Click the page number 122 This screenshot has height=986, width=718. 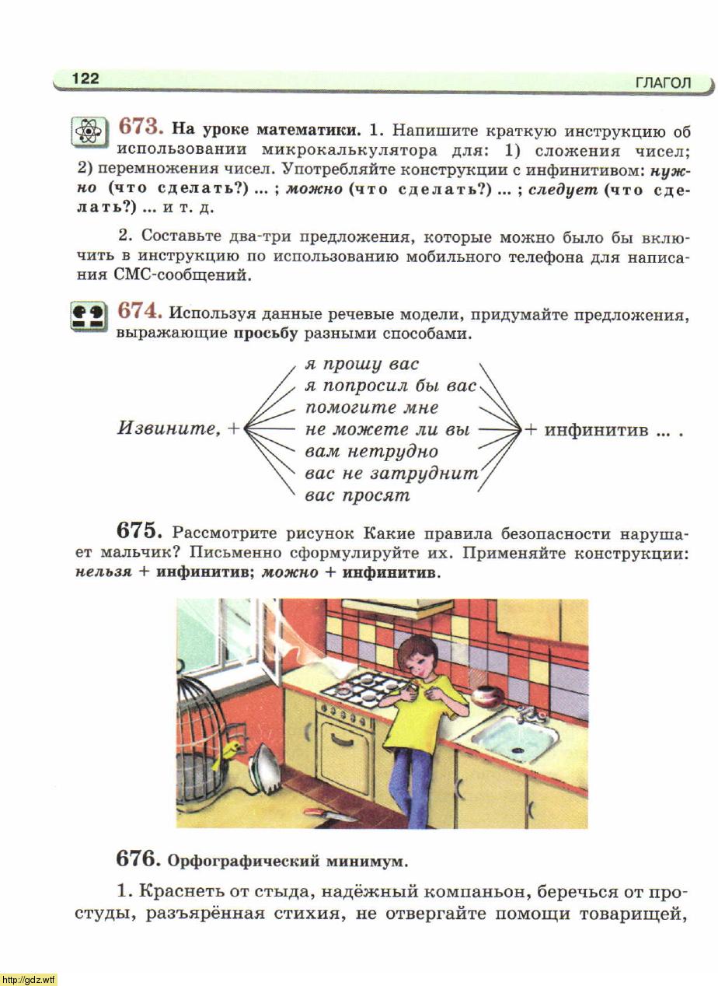click(x=85, y=79)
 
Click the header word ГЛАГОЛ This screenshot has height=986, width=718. click(x=662, y=82)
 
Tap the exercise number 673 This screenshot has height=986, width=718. click(x=140, y=127)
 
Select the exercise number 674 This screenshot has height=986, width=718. click(x=140, y=311)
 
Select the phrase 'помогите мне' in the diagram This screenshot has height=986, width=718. click(x=371, y=407)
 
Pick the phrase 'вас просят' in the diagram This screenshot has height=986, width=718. click(x=357, y=495)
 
